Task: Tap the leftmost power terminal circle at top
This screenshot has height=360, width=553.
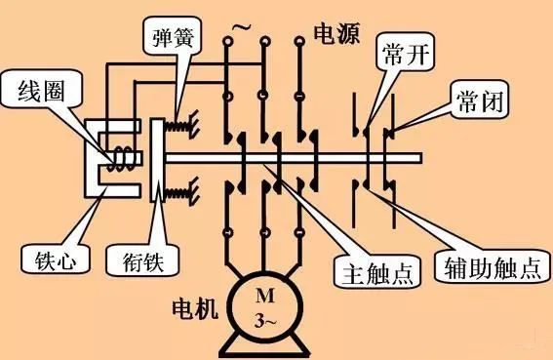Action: pyautogui.click(x=226, y=44)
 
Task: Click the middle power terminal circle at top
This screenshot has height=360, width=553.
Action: pyautogui.click(x=262, y=44)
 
